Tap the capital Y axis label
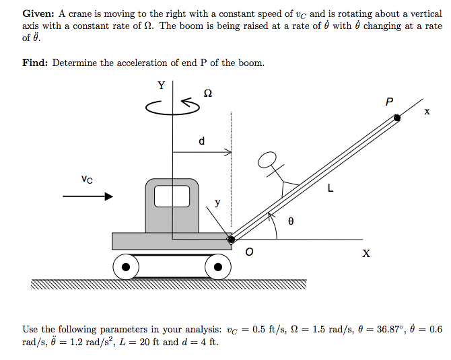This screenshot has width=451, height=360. [161, 85]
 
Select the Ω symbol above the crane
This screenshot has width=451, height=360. [207, 94]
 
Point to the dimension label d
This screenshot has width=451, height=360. [201, 141]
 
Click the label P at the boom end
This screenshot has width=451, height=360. [388, 102]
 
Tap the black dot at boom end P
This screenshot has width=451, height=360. [397, 118]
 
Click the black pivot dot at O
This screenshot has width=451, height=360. [232, 239]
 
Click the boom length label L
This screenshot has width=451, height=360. [330, 189]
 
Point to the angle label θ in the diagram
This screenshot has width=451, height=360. [291, 220]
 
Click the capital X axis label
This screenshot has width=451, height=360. [366, 254]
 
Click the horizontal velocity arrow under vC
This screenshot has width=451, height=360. [88, 196]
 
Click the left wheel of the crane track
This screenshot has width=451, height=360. [126, 267]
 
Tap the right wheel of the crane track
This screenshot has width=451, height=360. [218, 267]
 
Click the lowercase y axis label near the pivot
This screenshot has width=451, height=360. [217, 201]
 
